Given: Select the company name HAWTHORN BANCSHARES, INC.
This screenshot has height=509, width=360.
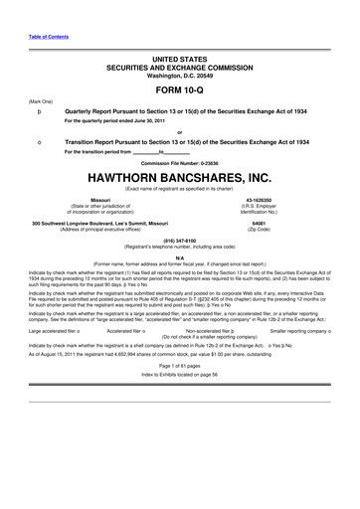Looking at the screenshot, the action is point(179,178).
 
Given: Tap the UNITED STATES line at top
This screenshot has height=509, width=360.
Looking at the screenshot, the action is point(179,60).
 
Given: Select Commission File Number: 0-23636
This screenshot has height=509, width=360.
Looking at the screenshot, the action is point(179,163).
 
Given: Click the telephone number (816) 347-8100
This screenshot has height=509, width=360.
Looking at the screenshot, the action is point(179,239).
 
